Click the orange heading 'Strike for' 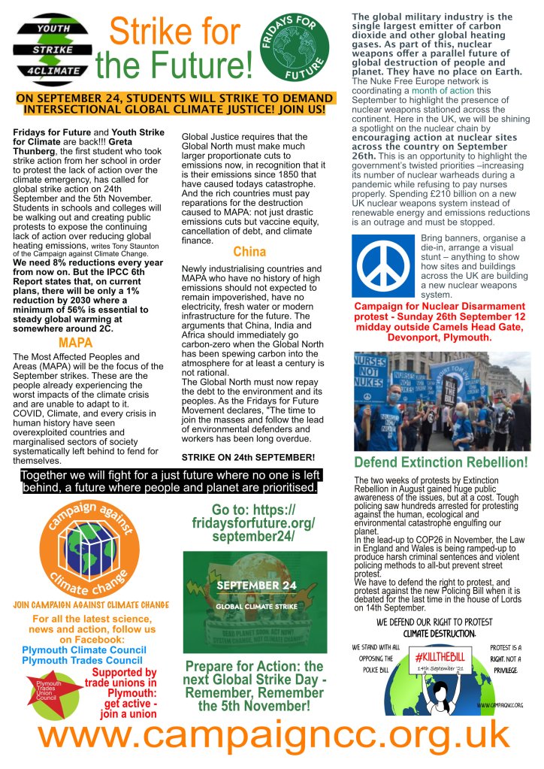(174, 32)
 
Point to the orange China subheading (249, 251)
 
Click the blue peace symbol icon (384, 266)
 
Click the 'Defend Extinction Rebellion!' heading (441, 462)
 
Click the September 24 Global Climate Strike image (255, 601)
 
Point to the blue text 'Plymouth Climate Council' (84, 649)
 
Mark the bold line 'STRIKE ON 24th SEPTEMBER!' (248, 457)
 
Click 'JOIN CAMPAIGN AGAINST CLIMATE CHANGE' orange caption (90, 604)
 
